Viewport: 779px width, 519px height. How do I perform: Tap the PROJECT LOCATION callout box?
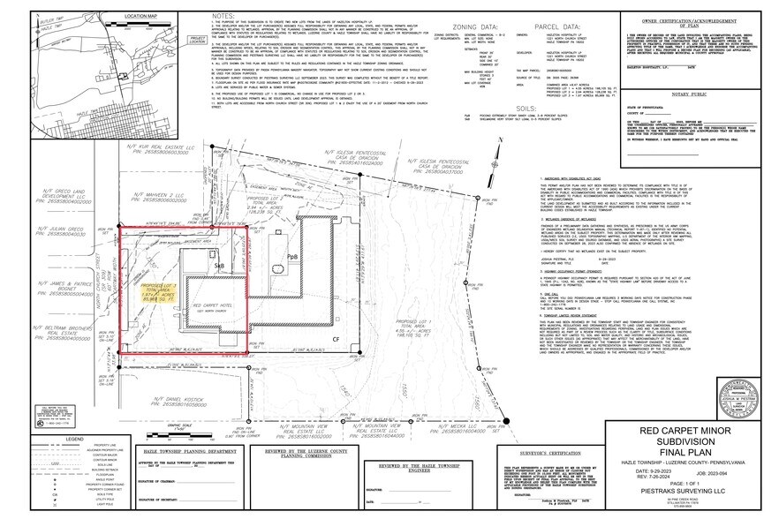click(199, 39)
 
